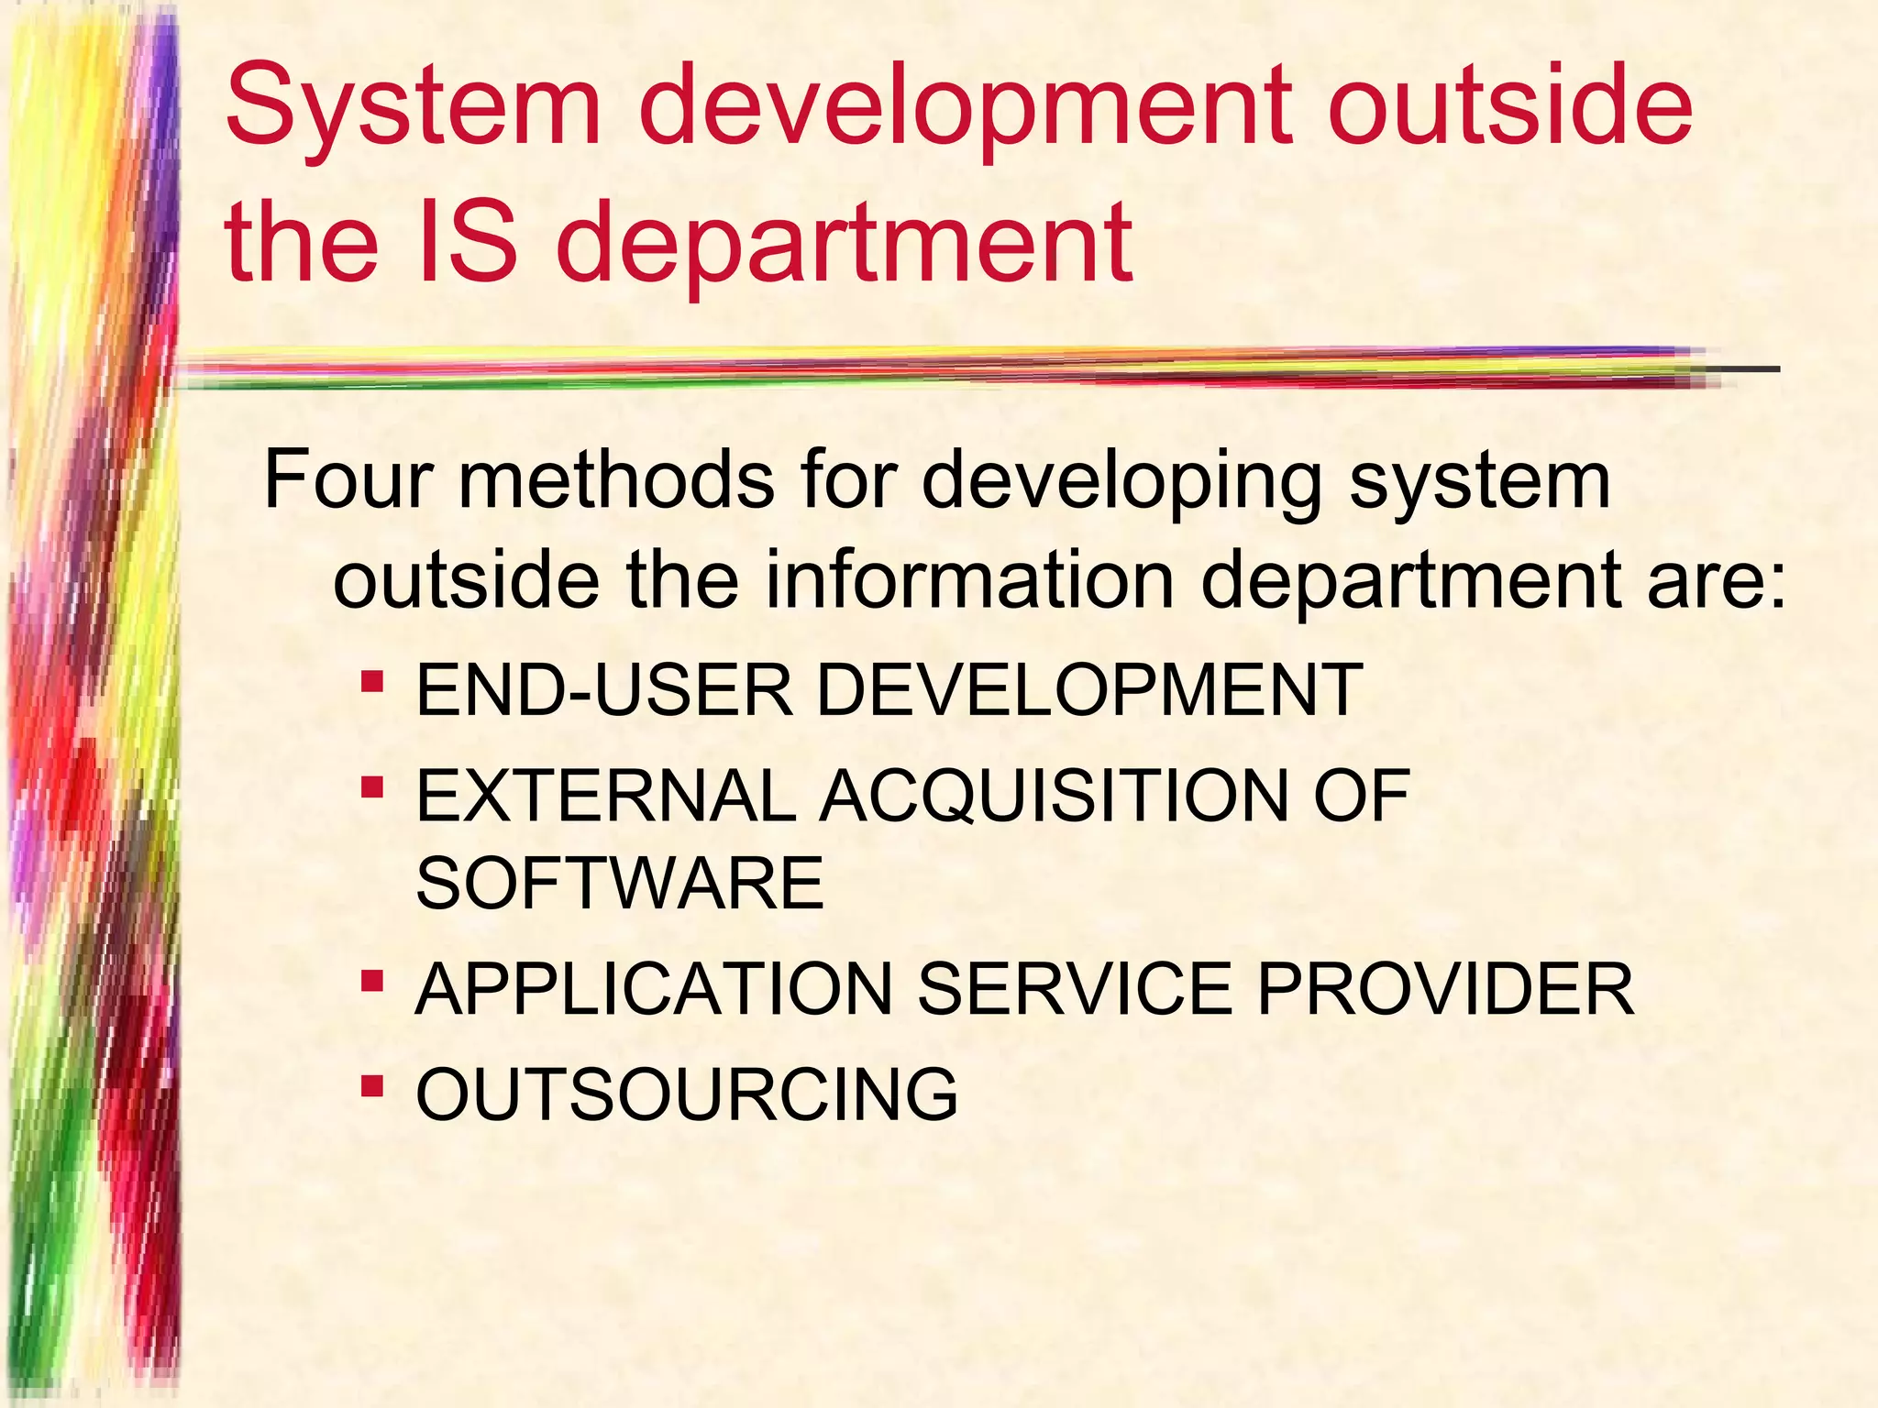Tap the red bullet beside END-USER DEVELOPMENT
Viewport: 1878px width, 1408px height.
tap(371, 683)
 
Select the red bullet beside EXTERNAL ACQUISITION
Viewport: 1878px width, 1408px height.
tap(371, 787)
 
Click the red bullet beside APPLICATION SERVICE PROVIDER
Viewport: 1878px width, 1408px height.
tap(371, 983)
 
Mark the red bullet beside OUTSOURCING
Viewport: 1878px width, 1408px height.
tap(371, 1087)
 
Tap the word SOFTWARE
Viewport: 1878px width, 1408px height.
tap(620, 883)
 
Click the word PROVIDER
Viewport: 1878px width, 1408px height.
tap(1445, 990)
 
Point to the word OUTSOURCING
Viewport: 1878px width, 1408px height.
tap(687, 1094)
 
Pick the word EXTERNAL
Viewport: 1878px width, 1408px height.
tap(606, 795)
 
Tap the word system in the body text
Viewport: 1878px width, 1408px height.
tap(1479, 482)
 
